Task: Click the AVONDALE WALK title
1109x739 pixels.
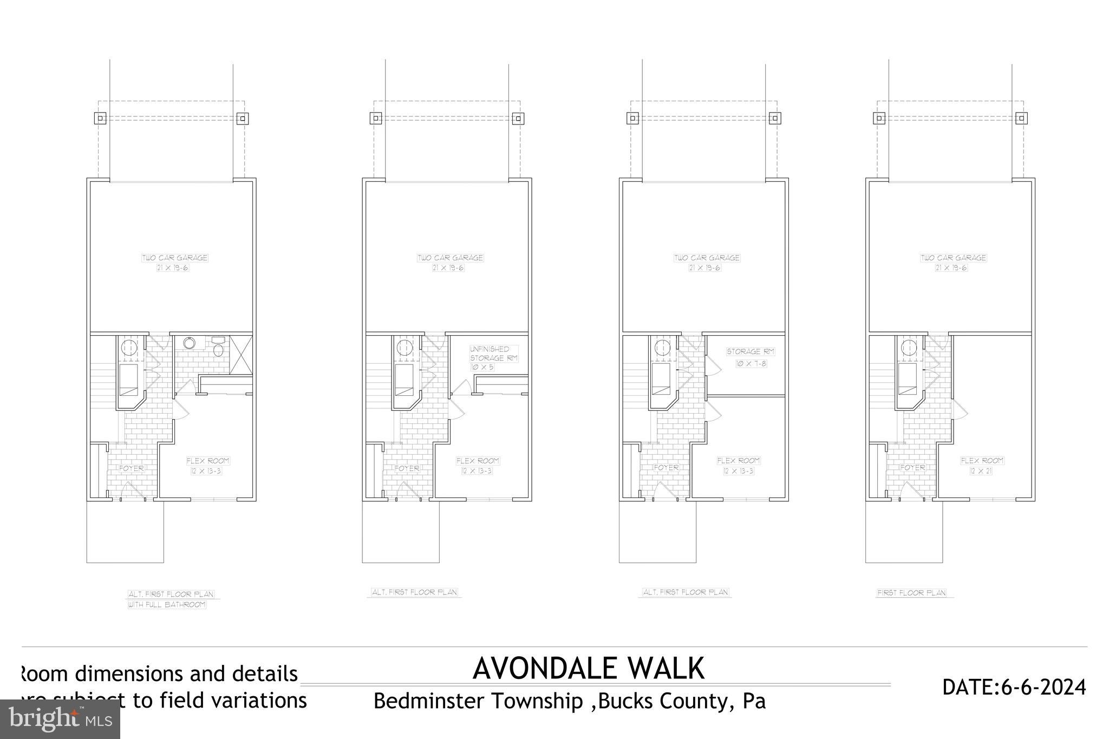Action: pos(588,669)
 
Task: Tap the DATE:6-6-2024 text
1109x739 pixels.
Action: pos(1014,688)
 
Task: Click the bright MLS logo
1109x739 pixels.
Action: pos(60,720)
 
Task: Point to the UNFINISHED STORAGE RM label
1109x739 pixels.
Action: pos(493,358)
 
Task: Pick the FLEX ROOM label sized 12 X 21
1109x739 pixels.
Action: pos(982,466)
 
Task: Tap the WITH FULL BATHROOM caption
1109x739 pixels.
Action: pos(167,605)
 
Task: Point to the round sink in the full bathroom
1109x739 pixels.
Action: pos(190,343)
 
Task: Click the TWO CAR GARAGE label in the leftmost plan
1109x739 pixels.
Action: pos(174,258)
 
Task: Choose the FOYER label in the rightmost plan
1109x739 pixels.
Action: pos(912,467)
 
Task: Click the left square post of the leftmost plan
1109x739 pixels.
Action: pos(100,118)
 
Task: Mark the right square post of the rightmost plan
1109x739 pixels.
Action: pos(1021,118)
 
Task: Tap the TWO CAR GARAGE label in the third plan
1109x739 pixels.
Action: pos(707,258)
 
